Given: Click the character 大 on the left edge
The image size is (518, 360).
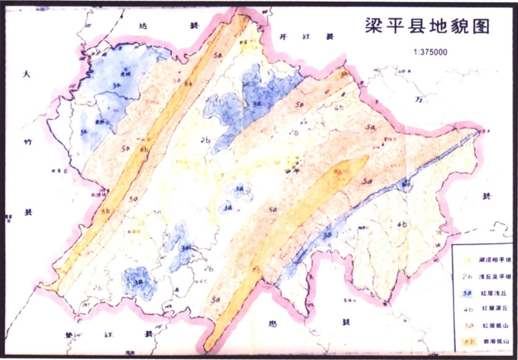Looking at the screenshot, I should click(x=26, y=74).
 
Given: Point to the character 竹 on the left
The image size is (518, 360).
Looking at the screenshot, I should click(x=28, y=142).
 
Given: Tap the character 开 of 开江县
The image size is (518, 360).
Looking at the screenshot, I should click(x=284, y=37).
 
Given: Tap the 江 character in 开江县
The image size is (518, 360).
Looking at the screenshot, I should click(x=307, y=37).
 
